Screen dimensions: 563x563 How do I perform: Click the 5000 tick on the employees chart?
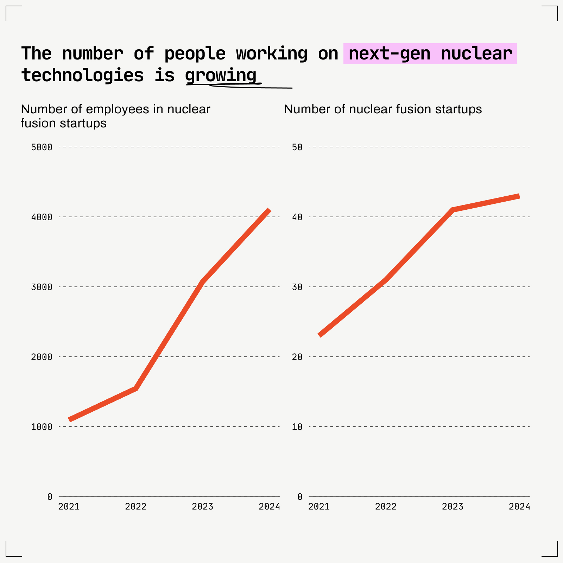pyautogui.click(x=42, y=147)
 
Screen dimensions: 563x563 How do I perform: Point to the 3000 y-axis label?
pyautogui.click(x=42, y=287)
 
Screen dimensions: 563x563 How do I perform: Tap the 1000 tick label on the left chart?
pyautogui.click(x=42, y=427)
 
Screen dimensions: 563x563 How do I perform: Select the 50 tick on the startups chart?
pyautogui.click(x=297, y=147)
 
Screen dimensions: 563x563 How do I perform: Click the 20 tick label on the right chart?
pyautogui.click(x=297, y=357)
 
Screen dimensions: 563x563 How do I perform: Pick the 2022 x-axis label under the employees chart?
pyautogui.click(x=135, y=507)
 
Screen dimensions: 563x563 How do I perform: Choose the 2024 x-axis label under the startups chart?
pyautogui.click(x=519, y=507)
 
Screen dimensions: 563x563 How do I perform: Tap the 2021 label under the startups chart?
pyautogui.click(x=319, y=507)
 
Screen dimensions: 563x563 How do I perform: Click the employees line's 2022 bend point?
pyautogui.click(x=136, y=388)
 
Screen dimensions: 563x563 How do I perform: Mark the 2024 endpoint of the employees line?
pyautogui.click(x=269, y=210)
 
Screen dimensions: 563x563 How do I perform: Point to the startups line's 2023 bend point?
pyautogui.click(x=453, y=210)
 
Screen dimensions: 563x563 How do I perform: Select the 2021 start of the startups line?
pyautogui.click(x=320, y=335)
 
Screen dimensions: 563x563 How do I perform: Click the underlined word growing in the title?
pyautogui.click(x=221, y=75)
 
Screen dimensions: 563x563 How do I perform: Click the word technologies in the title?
pyautogui.click(x=82, y=75)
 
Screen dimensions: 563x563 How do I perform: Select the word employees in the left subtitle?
pyautogui.click(x=118, y=109)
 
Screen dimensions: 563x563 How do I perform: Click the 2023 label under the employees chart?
pyautogui.click(x=202, y=507)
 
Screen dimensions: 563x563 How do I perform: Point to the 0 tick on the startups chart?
pyautogui.click(x=299, y=497)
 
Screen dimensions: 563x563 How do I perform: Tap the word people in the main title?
pyautogui.click(x=195, y=54)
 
